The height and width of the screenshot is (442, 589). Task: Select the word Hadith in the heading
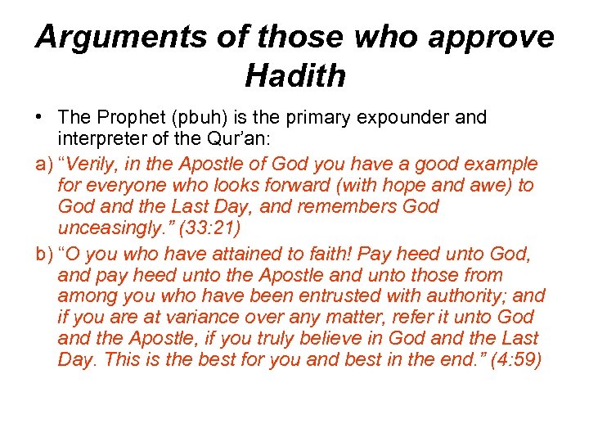294,76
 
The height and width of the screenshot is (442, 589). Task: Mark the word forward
282,185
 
